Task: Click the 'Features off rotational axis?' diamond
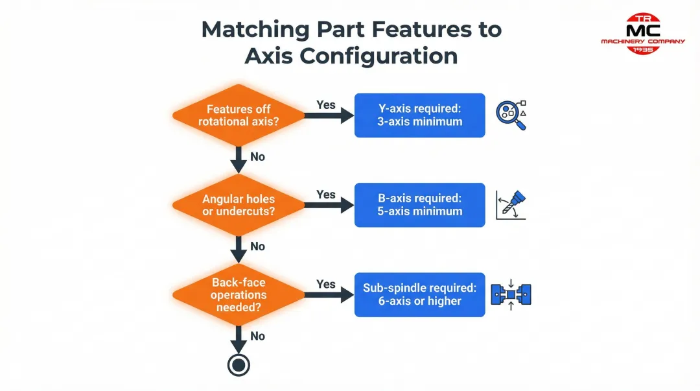(x=239, y=115)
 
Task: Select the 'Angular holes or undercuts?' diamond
(x=239, y=205)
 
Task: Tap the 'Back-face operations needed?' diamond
(x=239, y=294)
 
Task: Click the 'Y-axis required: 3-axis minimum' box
(x=419, y=115)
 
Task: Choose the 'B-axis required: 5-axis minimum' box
(x=419, y=205)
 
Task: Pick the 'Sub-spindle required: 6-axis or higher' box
(x=419, y=294)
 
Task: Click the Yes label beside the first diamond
(x=325, y=104)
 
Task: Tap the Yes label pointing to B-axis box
(x=325, y=195)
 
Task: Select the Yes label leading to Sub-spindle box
(x=325, y=284)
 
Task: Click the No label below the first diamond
(x=257, y=157)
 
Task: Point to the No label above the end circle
(x=257, y=336)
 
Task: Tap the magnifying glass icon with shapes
(x=510, y=115)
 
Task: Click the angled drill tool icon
(x=511, y=205)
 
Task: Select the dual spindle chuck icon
(x=511, y=294)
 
